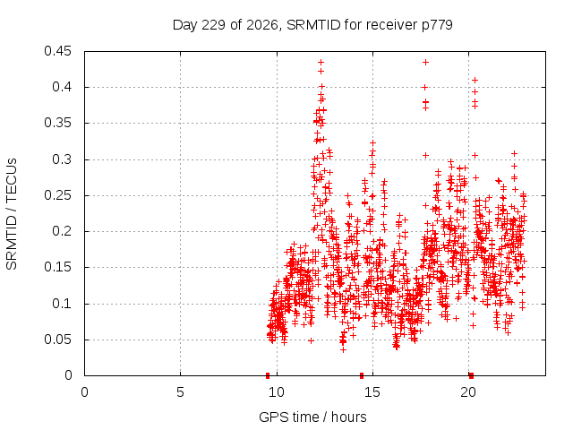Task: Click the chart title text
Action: tap(312, 25)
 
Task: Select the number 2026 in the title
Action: tap(262, 25)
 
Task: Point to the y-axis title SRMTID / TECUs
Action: tap(12, 214)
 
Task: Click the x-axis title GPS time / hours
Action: tap(312, 417)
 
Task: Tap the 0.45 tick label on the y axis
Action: tap(57, 51)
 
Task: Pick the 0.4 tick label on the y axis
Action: tap(62, 87)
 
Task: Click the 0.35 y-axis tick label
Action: tap(57, 124)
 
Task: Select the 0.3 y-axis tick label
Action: tap(62, 159)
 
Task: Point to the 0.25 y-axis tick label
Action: tap(57, 195)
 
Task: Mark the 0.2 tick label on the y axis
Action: tap(62, 231)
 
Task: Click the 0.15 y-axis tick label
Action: tap(57, 267)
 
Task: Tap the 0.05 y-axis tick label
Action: tap(57, 340)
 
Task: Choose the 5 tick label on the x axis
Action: tap(180, 392)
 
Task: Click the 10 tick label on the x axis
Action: tap(277, 392)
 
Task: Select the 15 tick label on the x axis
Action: tap(372, 392)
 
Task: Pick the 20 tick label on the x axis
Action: tap(468, 392)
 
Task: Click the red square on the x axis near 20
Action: tap(472, 375)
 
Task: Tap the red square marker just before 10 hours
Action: tap(268, 375)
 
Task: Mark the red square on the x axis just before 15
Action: tap(362, 375)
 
